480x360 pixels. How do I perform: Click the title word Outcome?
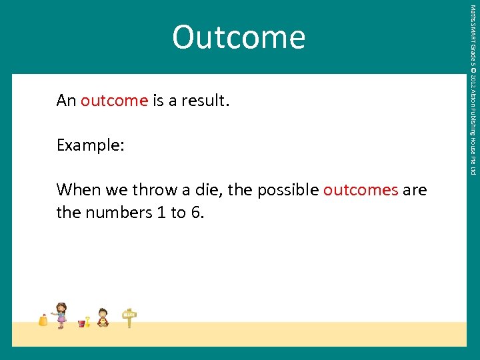pos(239,37)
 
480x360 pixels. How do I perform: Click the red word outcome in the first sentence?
pos(114,101)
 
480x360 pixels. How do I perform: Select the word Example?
pos(90,145)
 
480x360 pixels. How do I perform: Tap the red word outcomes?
pos(361,190)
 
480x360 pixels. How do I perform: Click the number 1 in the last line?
pos(157,213)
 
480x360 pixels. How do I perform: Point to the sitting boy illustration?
pos(103,318)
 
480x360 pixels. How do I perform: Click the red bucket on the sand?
pos(82,323)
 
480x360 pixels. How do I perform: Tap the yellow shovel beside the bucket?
pos(87,321)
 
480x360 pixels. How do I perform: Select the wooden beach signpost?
pos(129,318)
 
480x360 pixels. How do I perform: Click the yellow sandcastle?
pos(43,320)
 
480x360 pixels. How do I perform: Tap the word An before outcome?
pos(66,101)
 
